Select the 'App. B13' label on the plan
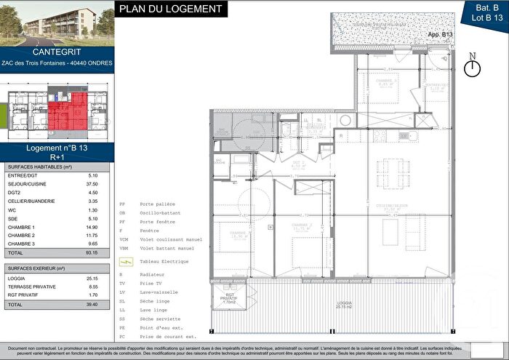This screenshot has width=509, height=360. pos(440,34)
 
